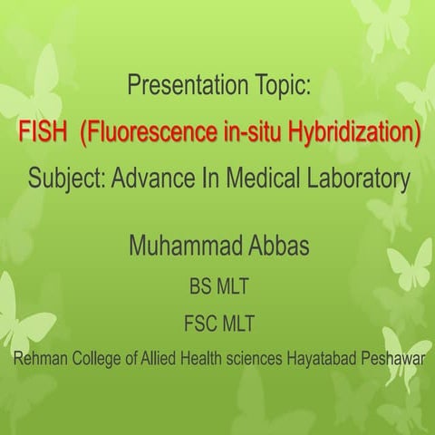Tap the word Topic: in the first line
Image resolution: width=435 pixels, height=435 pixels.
[x=281, y=87]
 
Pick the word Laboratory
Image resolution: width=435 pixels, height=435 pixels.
[x=359, y=179]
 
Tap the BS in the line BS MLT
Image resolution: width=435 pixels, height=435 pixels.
[x=198, y=288]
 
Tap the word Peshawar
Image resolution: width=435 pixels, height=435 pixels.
[x=392, y=357]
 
